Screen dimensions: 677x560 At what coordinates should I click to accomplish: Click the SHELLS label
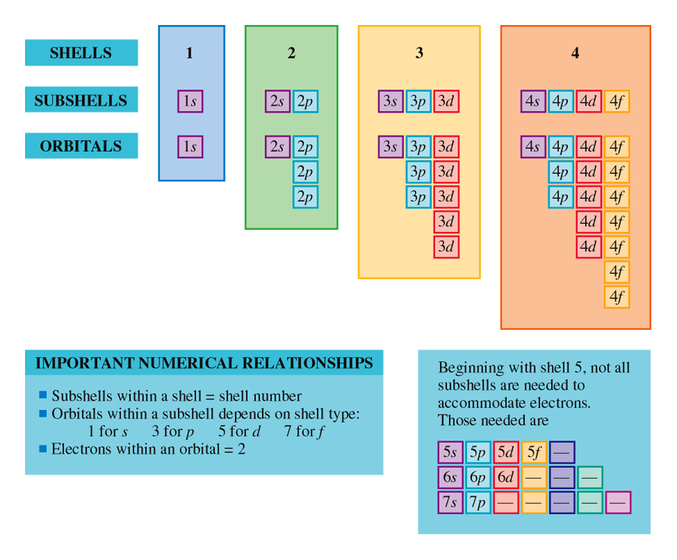(x=81, y=53)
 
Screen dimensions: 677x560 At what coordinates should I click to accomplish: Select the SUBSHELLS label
(x=81, y=99)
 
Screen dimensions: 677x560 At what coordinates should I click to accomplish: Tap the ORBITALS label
(x=81, y=146)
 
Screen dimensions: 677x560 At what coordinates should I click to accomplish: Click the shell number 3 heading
(x=419, y=53)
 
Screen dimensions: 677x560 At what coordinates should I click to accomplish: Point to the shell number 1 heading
(x=189, y=53)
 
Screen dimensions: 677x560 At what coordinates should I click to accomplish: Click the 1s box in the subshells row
(x=190, y=101)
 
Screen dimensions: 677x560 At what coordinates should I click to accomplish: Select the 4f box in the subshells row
(x=617, y=101)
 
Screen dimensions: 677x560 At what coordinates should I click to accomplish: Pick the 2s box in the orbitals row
(x=278, y=147)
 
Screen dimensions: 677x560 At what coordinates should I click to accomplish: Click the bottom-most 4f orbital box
(x=617, y=297)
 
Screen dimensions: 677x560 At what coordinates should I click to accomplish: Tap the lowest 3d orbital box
(x=446, y=247)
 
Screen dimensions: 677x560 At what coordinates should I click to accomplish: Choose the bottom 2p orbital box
(x=306, y=197)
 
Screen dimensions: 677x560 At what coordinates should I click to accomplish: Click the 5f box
(x=534, y=452)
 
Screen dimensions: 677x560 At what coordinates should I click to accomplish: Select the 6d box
(x=506, y=477)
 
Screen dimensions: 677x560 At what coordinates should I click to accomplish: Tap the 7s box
(x=450, y=503)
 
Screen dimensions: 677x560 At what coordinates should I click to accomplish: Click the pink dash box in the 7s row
(x=618, y=503)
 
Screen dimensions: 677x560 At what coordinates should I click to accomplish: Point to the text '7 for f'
(x=305, y=431)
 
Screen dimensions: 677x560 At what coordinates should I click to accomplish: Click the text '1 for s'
(x=108, y=431)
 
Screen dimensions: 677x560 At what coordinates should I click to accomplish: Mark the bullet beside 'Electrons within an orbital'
(x=43, y=448)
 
